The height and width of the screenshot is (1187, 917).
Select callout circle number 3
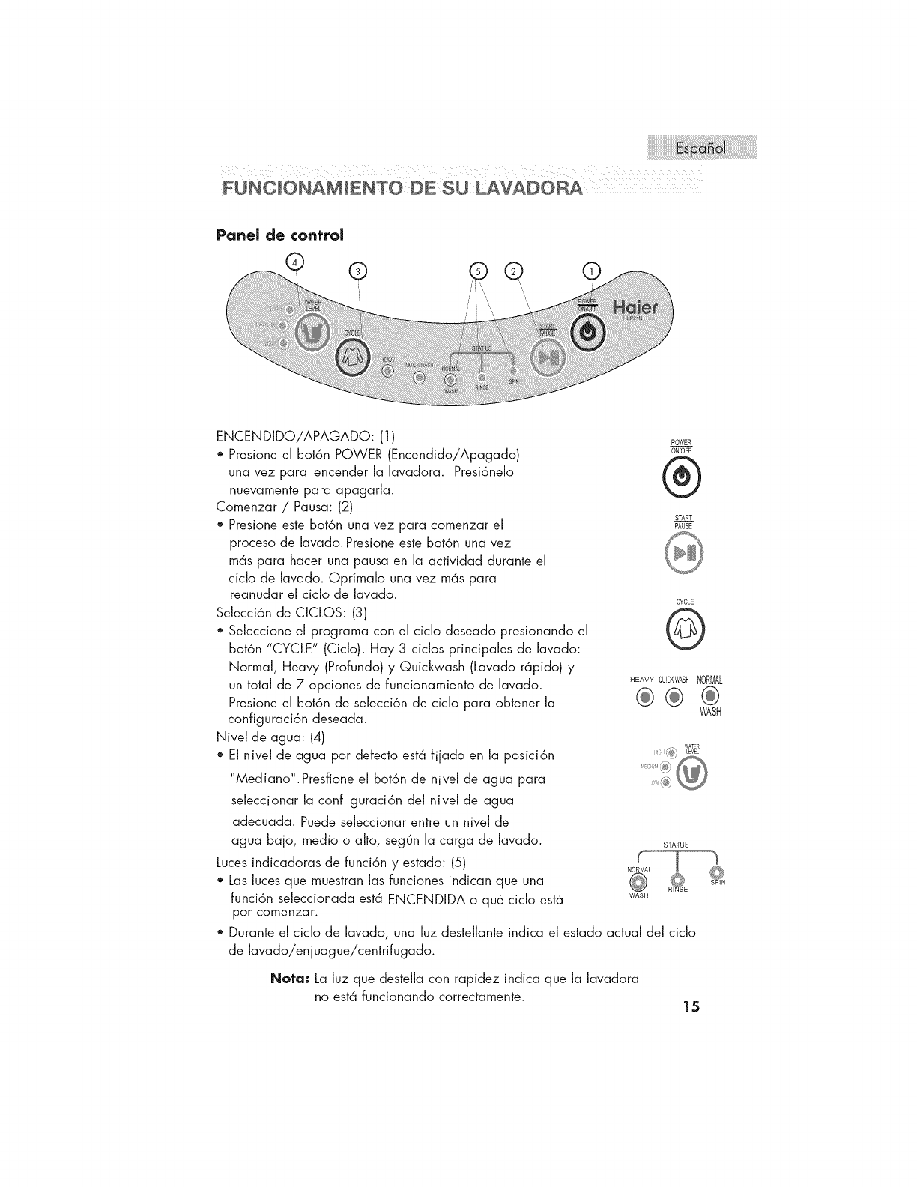pyautogui.click(x=359, y=271)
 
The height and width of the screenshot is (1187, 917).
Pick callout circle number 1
pyautogui.click(x=592, y=271)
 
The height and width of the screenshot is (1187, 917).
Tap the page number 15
pyautogui.click(x=691, y=1006)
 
